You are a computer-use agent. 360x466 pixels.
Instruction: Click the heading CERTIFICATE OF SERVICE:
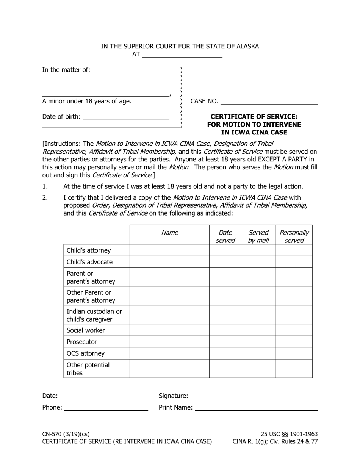point(254,116)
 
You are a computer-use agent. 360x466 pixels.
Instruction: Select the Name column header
point(169,233)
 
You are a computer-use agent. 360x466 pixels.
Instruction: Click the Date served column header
point(225,236)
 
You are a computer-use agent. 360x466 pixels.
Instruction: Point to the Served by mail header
point(258,236)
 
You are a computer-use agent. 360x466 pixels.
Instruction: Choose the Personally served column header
point(294,236)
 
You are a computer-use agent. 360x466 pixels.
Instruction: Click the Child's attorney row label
point(89,250)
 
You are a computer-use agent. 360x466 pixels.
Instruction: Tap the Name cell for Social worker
point(169,330)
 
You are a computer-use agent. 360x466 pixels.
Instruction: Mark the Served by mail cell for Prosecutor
point(258,342)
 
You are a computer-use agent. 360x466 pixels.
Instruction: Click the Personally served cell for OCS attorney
point(294,353)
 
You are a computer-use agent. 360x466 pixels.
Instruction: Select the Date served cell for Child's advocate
point(225,262)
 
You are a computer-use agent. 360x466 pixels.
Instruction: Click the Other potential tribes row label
point(88,369)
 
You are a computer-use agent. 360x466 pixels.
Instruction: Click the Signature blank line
point(254,396)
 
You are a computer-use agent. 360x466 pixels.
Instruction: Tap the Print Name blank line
point(256,408)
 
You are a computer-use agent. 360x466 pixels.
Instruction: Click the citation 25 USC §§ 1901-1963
point(289,434)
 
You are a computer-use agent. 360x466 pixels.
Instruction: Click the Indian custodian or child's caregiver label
point(94,315)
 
